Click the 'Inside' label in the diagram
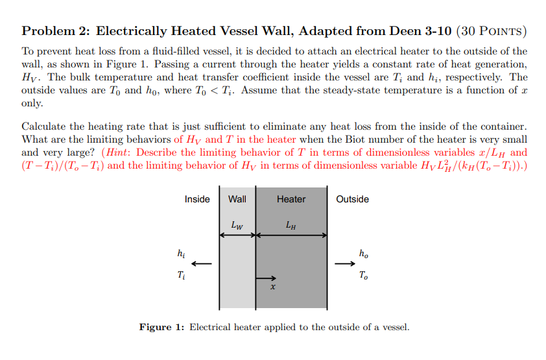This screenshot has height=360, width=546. pyautogui.click(x=197, y=199)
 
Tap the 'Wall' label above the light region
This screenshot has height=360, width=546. pyautogui.click(x=237, y=199)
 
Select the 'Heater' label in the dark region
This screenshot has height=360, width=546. pyautogui.click(x=291, y=199)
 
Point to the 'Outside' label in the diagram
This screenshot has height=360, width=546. pyautogui.click(x=353, y=199)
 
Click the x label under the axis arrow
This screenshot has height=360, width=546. pyautogui.click(x=273, y=287)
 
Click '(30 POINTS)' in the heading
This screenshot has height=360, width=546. pyautogui.click(x=492, y=30)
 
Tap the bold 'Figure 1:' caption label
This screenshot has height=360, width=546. pyautogui.click(x=161, y=327)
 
